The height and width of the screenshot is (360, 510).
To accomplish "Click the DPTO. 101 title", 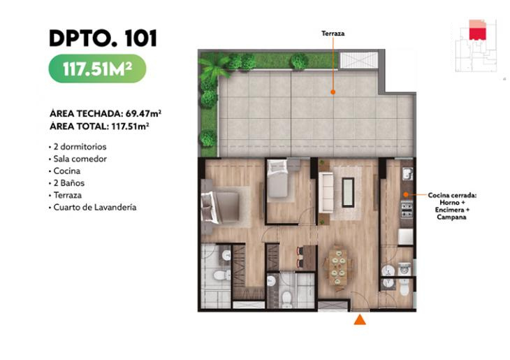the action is point(103,38).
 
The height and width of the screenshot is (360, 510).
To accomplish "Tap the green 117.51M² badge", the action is point(97,69).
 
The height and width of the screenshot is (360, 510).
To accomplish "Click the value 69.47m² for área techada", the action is point(143,114).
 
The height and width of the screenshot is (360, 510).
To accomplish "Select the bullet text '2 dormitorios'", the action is point(80,147).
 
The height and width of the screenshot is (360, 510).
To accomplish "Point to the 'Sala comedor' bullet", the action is point(80,159).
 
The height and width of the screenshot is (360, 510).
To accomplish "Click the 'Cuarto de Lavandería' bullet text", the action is point(95,208).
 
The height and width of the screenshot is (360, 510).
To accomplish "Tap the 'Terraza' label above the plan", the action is point(333,33).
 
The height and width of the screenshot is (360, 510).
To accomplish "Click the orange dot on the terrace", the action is point(333,92).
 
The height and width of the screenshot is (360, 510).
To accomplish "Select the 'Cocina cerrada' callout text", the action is point(452,195).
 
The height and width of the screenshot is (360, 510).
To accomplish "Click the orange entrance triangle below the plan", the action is point(360,319).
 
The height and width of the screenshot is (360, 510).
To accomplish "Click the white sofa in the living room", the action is point(326,193).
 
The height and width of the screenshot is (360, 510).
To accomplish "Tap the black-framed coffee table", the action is point(348,192).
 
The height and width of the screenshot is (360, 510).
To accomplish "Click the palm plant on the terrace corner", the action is point(213,68).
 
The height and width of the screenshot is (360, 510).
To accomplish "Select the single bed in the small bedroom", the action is point(277,178).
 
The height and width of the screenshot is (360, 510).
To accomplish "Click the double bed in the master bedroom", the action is point(220,208).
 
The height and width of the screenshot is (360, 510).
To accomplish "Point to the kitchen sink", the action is point(407,174).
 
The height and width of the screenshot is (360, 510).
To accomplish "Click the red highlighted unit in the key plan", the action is point(477,34).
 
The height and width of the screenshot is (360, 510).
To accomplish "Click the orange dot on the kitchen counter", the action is point(406,194).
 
